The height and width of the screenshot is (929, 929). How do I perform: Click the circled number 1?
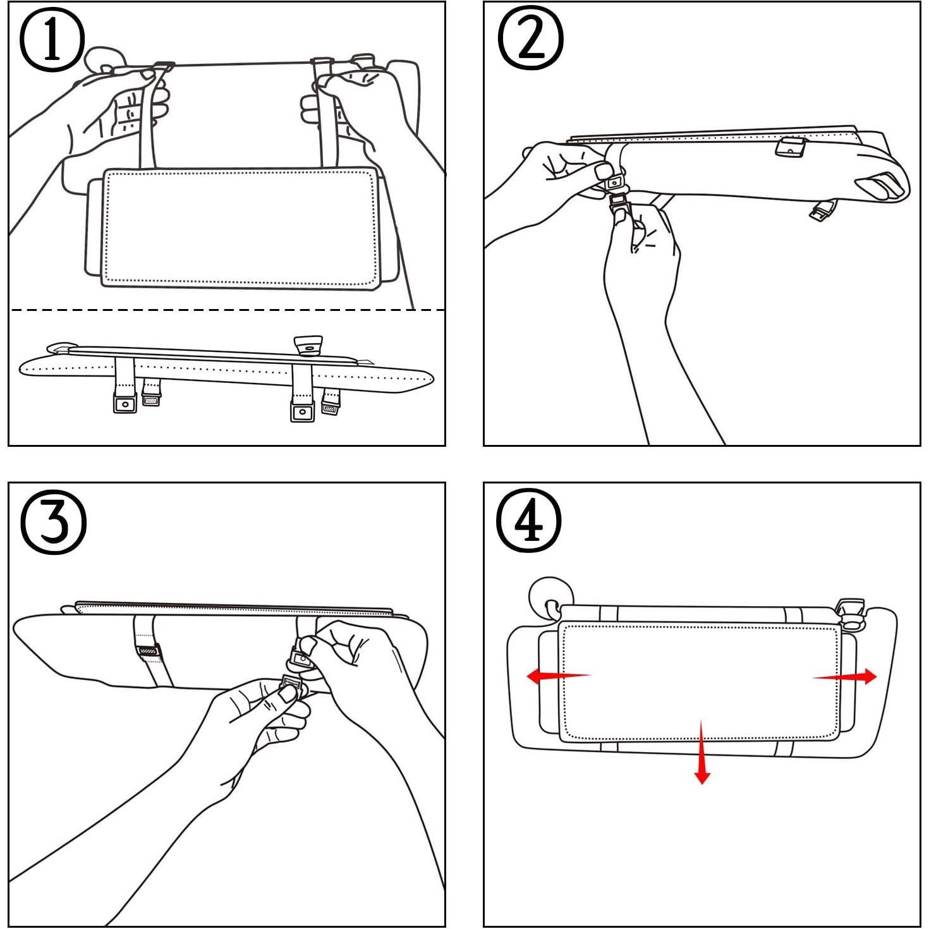click(52, 40)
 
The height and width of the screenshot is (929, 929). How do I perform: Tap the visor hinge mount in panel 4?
click(850, 612)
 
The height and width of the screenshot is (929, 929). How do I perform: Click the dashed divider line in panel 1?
click(228, 310)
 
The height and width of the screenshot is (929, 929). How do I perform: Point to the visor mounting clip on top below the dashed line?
click(308, 346)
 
